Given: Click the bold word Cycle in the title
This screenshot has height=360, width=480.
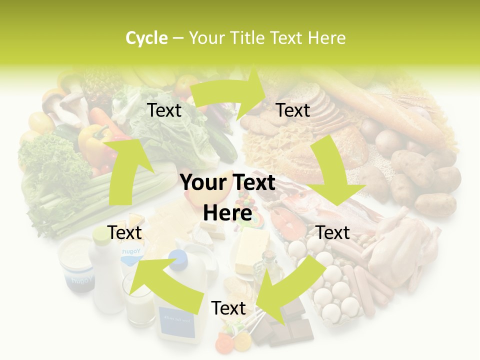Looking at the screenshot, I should click(146, 38).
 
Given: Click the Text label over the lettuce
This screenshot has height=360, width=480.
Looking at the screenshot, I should click(164, 110).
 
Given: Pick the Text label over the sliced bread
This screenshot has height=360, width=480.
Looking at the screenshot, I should click(293, 110).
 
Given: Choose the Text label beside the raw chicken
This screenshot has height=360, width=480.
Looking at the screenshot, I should click(333, 232).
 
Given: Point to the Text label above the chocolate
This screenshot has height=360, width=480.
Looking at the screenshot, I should click(228, 308).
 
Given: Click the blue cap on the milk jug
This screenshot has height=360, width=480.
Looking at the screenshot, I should click(177, 257).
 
